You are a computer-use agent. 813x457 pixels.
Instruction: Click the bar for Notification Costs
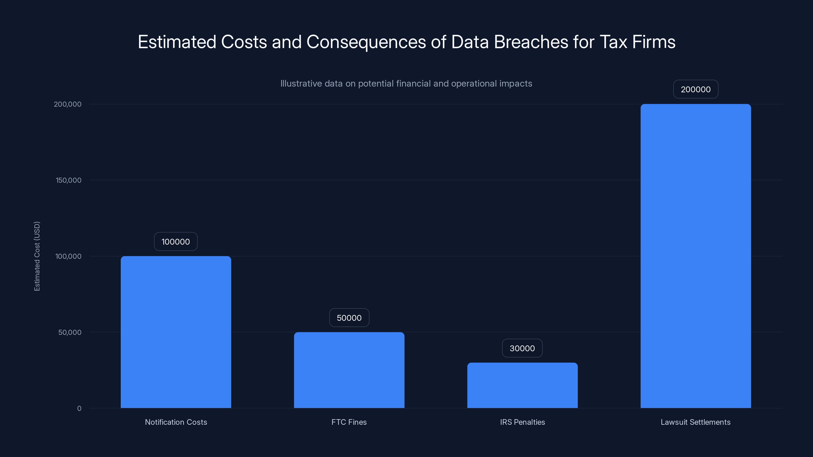[x=176, y=332]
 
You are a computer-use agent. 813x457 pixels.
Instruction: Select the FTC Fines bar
[x=349, y=370]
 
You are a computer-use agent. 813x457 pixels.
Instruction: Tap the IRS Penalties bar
[x=522, y=385]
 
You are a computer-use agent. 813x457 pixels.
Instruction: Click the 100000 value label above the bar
[x=176, y=242]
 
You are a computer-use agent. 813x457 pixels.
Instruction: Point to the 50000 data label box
[x=349, y=318]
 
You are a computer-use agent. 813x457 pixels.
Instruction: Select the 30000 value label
[x=522, y=348]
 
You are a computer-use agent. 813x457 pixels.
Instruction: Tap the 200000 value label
[x=696, y=89]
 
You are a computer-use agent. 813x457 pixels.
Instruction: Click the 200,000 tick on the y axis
[x=68, y=104]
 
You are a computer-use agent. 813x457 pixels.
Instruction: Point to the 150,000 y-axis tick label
[x=69, y=180]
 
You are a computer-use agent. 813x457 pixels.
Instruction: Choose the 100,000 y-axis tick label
[x=68, y=256]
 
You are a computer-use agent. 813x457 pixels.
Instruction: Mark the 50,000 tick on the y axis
[x=70, y=332]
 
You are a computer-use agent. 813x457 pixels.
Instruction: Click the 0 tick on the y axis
[x=79, y=409]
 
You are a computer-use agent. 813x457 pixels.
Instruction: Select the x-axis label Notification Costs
[x=176, y=422]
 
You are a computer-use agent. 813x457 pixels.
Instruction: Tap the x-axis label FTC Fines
[x=349, y=422]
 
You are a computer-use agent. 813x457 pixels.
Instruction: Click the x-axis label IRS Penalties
[x=522, y=422]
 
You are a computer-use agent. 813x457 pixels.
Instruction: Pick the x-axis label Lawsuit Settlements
[x=696, y=422]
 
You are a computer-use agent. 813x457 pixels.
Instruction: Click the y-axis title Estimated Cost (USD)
[x=37, y=256]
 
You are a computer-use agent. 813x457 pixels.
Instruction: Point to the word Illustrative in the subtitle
[x=301, y=83]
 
